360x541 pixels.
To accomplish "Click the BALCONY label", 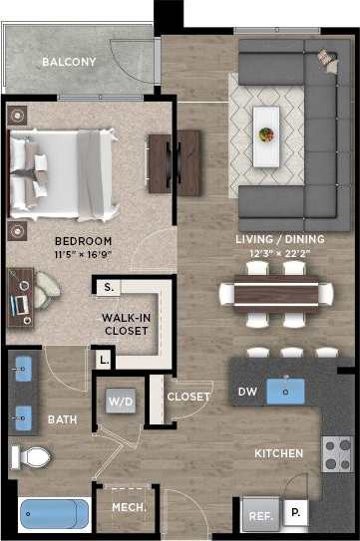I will pyautogui.click(x=69, y=63).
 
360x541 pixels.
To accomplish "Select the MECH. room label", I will pyautogui.click(x=129, y=508).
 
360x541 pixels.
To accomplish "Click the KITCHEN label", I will pyautogui.click(x=278, y=454).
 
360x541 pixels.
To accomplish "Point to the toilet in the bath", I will pyautogui.click(x=31, y=457).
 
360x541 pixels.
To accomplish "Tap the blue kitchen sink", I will pyautogui.click(x=291, y=390).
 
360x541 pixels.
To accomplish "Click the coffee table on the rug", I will pyautogui.click(x=266, y=126).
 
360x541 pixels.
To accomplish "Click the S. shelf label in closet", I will pyautogui.click(x=107, y=288).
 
